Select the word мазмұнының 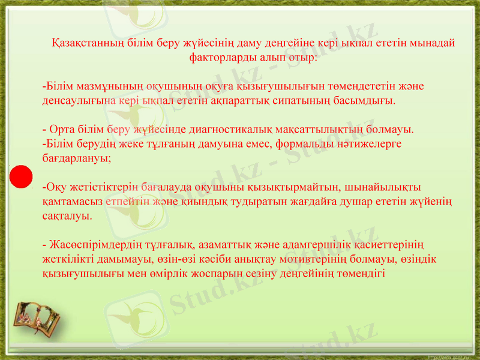click(x=100, y=86)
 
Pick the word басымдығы click(x=368, y=101)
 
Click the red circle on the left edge click(x=21, y=175)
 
